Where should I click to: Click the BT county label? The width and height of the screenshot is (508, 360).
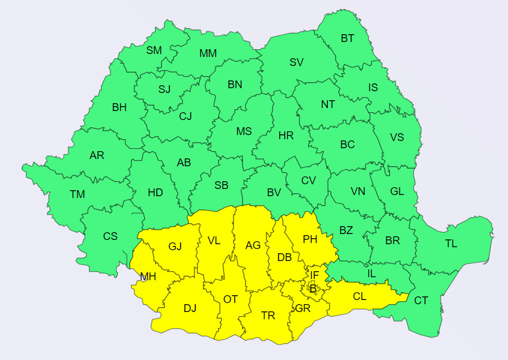[348, 38]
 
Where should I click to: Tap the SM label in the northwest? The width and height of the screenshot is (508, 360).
[154, 50]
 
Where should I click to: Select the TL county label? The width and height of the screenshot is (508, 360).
[451, 244]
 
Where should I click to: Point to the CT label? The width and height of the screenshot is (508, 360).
[422, 301]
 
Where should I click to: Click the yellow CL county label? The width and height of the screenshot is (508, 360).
[360, 296]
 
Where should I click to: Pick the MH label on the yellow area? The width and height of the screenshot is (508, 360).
[148, 277]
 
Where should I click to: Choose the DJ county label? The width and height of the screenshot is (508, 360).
[190, 308]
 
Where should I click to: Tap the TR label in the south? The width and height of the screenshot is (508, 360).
[268, 316]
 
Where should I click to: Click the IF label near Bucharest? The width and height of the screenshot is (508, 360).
[314, 275]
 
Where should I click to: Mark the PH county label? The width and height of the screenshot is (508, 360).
[310, 239]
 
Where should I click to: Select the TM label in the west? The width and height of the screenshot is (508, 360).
[77, 194]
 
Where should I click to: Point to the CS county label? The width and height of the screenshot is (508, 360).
[110, 236]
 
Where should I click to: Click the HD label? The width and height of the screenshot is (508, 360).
[156, 193]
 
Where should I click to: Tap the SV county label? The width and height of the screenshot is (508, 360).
[297, 62]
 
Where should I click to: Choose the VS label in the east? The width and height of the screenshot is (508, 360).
[397, 137]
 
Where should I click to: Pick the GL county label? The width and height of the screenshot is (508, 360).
[397, 191]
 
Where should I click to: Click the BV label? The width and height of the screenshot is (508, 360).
[274, 193]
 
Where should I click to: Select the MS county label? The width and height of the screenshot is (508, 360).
[244, 131]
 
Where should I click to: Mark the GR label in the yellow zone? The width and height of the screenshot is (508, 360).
[303, 308]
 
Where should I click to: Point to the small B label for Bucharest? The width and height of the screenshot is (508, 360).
[313, 289]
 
